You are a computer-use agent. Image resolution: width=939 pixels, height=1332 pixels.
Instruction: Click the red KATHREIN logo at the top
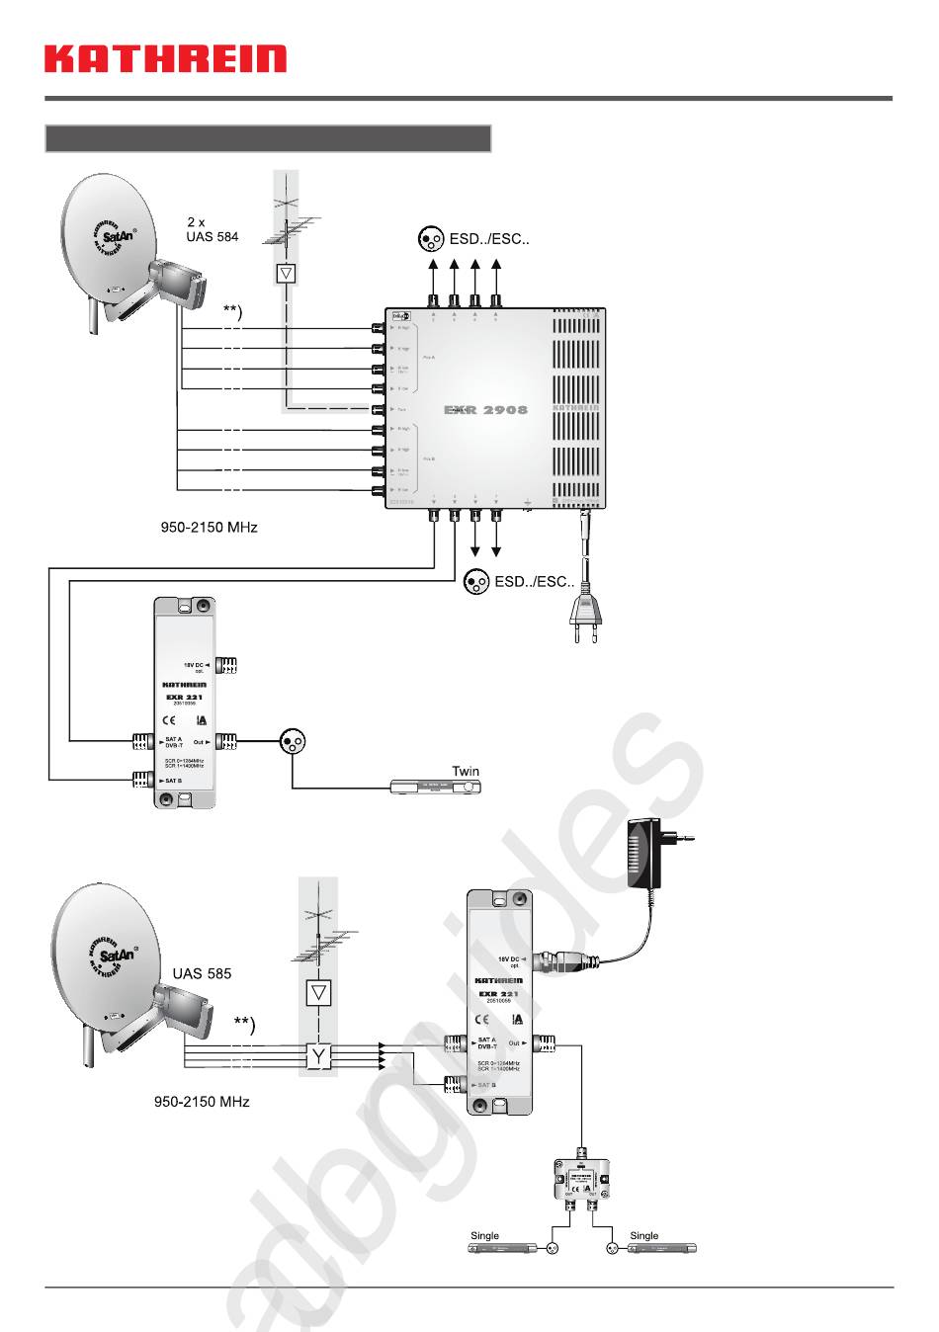click(165, 58)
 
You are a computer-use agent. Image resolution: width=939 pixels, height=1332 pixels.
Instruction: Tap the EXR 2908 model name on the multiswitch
click(485, 409)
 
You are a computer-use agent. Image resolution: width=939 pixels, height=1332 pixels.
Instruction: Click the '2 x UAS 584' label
click(212, 229)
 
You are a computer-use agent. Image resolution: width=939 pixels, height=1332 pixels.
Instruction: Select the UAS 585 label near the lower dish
click(202, 973)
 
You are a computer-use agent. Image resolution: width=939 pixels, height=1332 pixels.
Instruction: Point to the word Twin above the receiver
click(466, 771)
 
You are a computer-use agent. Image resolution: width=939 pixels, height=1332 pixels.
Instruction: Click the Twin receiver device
click(436, 787)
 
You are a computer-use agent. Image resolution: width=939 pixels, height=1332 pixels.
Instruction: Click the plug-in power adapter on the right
click(646, 853)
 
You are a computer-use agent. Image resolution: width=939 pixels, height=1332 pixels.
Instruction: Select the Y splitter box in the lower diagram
click(318, 1057)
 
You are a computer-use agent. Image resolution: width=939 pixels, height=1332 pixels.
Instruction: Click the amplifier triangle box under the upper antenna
click(287, 273)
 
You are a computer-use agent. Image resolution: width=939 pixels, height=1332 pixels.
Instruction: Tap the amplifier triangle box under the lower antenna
click(318, 992)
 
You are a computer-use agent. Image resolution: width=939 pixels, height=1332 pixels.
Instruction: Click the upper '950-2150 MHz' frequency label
click(209, 528)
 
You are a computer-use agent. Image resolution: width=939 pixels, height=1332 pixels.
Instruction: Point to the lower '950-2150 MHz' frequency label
click(202, 1101)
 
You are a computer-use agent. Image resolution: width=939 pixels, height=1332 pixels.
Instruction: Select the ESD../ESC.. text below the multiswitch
click(534, 581)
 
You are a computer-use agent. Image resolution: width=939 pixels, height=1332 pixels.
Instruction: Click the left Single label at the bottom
click(484, 1235)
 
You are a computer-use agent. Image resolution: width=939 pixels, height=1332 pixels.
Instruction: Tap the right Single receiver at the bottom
click(662, 1249)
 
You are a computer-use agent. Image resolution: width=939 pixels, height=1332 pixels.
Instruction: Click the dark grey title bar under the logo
click(268, 138)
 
